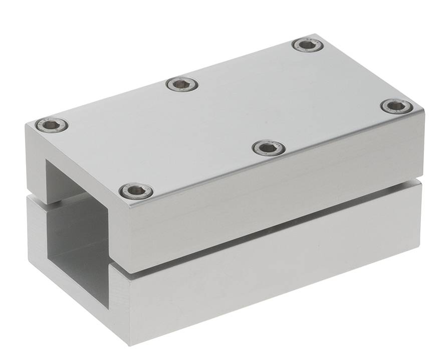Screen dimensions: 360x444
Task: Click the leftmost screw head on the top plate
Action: point(52,125)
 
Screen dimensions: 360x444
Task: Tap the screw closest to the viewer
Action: point(136,191)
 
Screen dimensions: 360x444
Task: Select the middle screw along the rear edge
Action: point(182,84)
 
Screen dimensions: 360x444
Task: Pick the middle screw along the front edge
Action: point(269,148)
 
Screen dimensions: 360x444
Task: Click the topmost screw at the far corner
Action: point(308,45)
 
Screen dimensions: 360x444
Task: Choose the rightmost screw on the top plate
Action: point(397,106)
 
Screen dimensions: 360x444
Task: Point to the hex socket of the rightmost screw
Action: point(397,106)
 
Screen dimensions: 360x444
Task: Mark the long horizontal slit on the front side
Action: point(271,228)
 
